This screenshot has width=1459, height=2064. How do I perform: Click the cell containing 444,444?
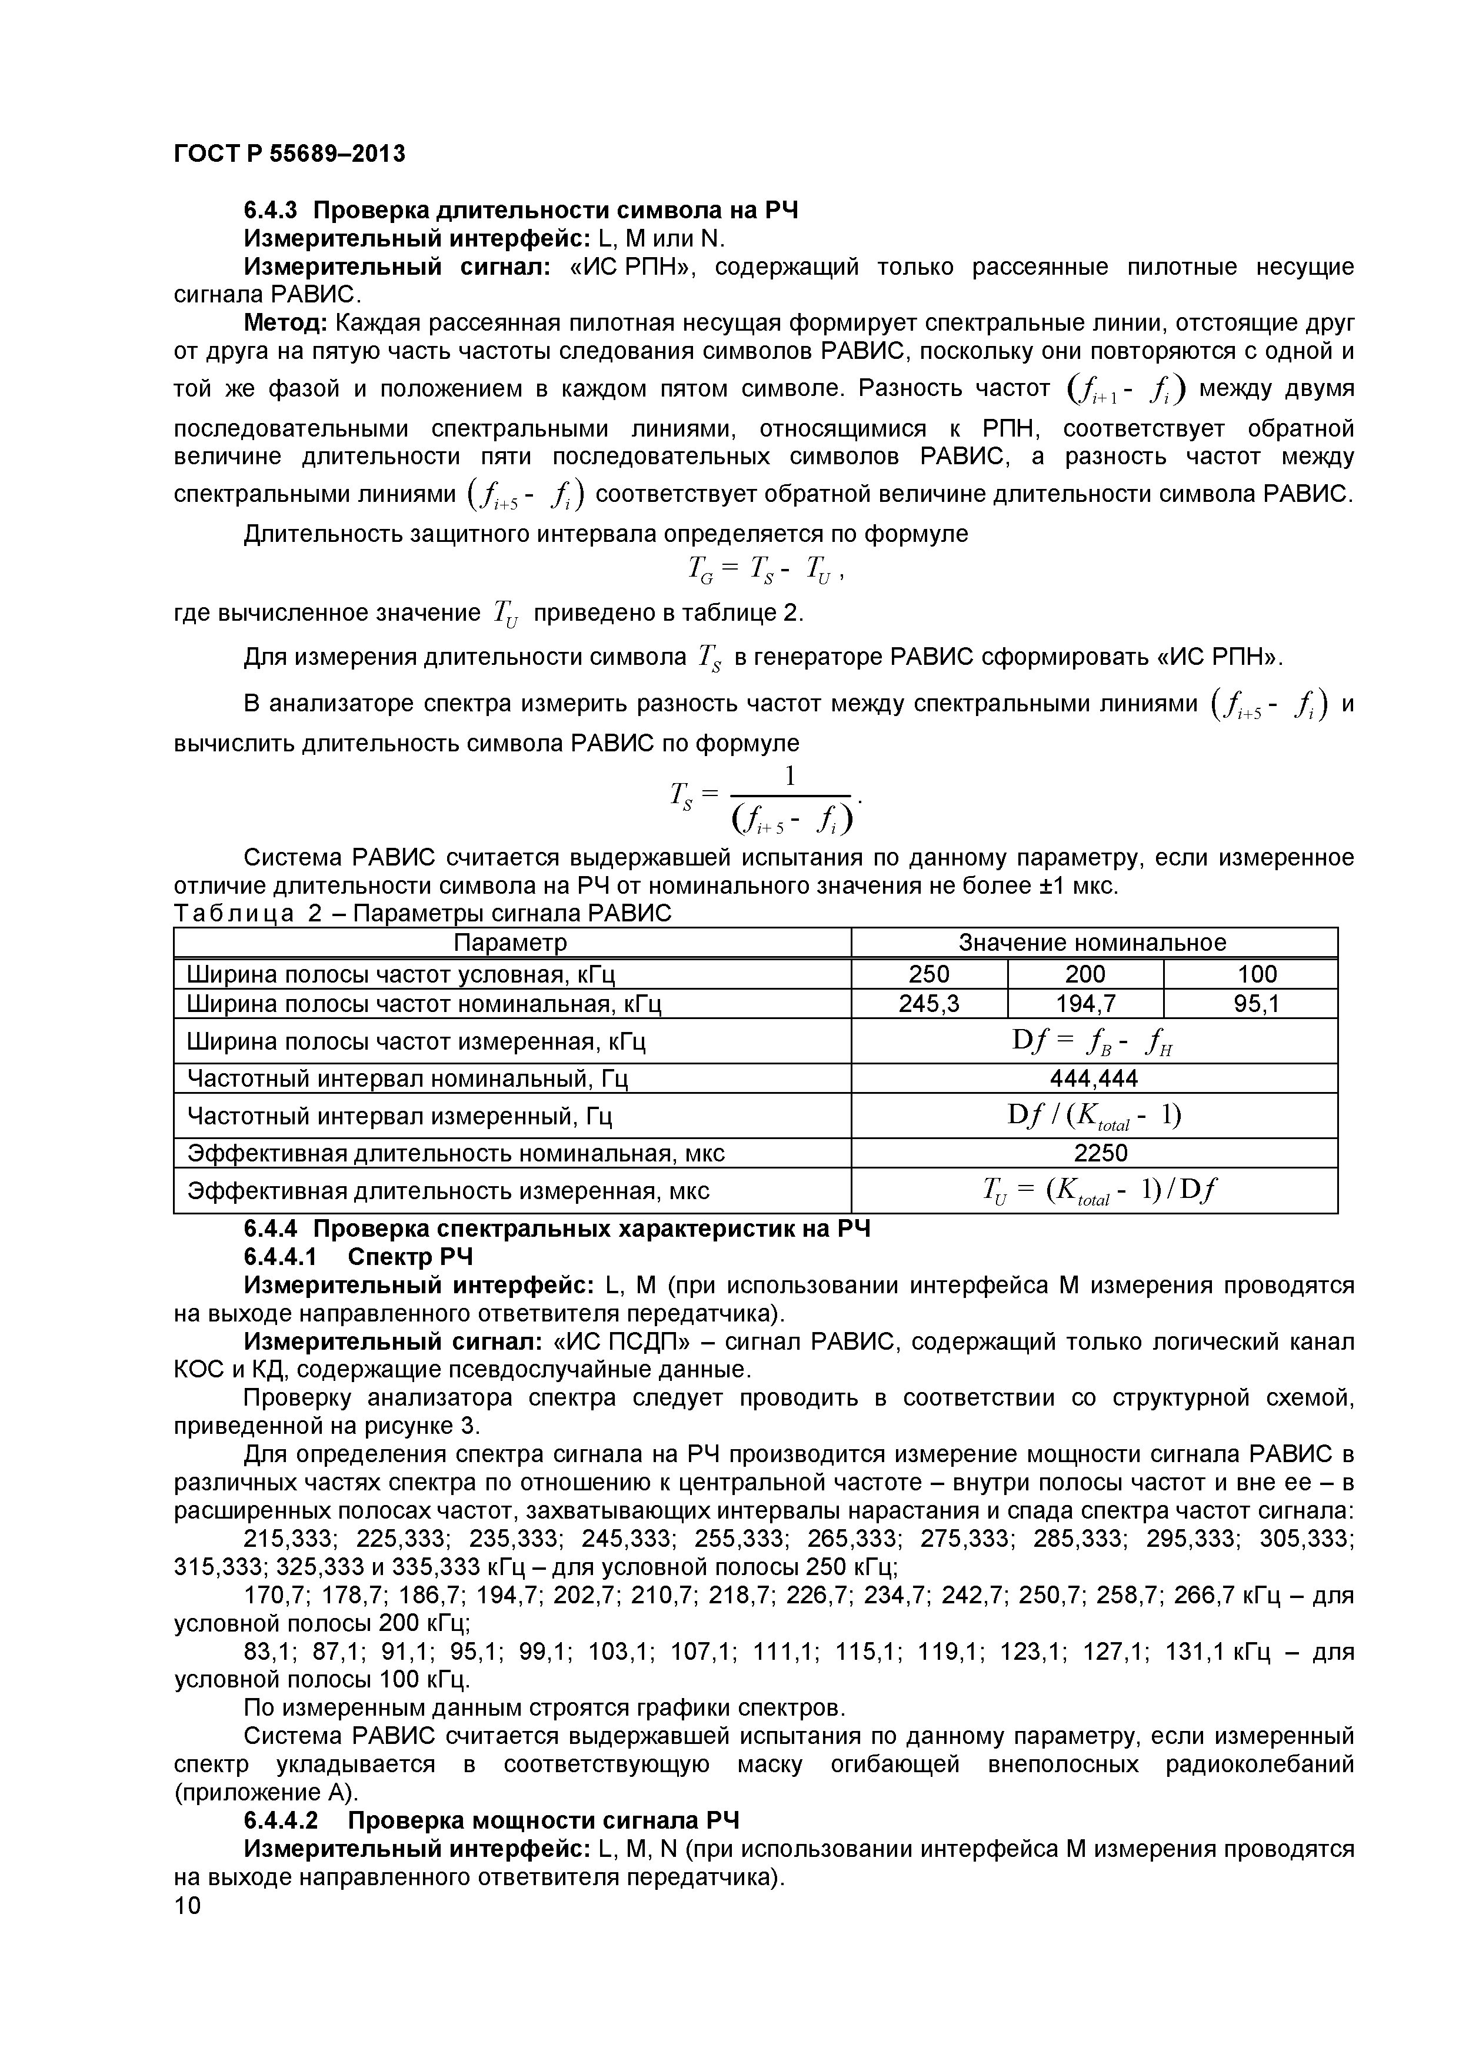tap(1094, 1078)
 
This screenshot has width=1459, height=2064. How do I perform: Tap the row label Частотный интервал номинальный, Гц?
tap(407, 1078)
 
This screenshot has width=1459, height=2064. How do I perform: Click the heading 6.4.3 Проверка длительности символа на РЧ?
tap(521, 211)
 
